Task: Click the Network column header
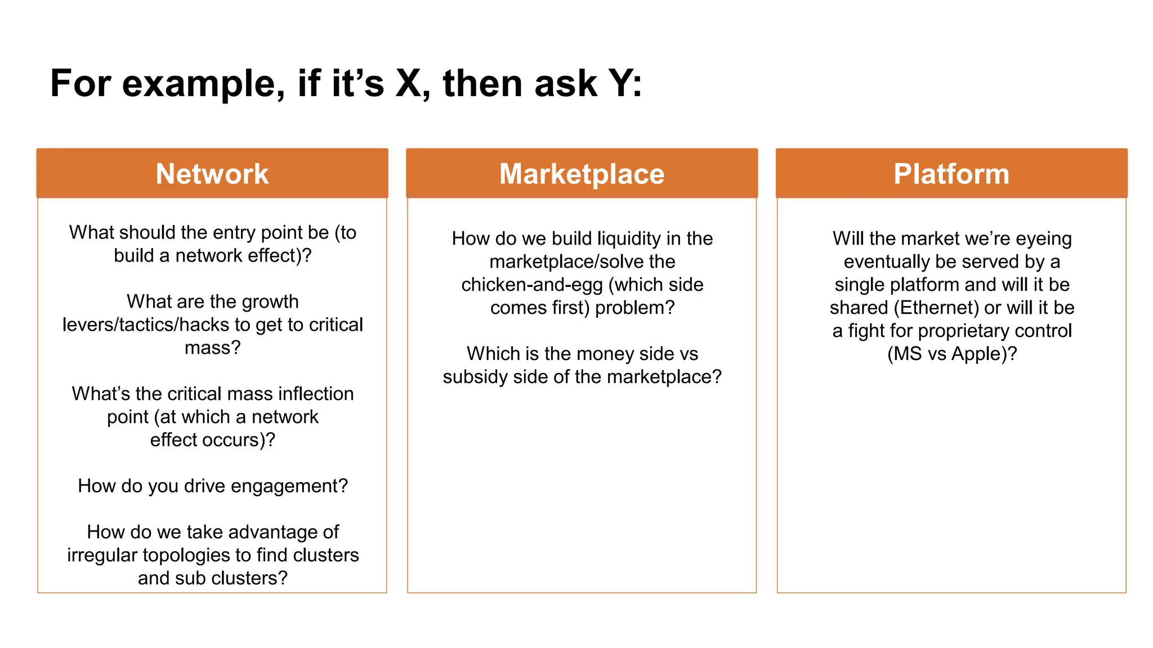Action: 212,174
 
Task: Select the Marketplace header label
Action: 582,174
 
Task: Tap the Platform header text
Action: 951,174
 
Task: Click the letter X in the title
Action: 409,84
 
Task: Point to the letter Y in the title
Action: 622,84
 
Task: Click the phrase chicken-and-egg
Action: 531,285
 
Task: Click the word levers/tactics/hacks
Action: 146,325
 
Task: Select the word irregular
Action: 102,555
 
